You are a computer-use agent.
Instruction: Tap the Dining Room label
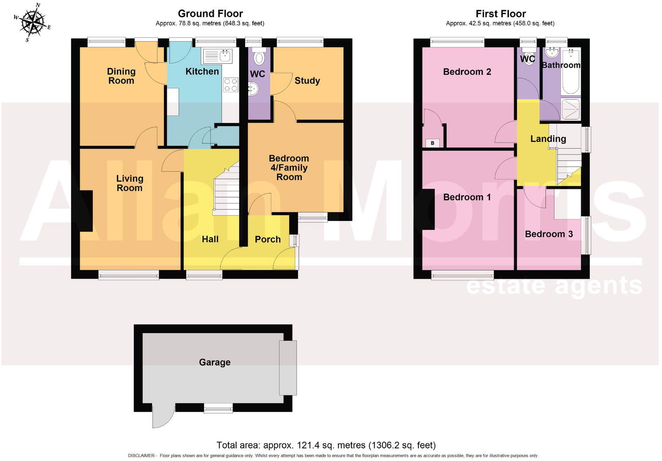pos(121,76)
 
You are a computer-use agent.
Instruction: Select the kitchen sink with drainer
pos(217,56)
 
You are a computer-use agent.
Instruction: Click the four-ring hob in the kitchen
pos(230,85)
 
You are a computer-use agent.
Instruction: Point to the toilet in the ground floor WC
pos(259,58)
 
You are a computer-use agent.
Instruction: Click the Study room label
pos(307,80)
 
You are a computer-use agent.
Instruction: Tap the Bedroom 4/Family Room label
pos(289,168)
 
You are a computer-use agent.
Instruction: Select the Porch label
pos(268,239)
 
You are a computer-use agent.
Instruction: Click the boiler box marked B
pos(432,143)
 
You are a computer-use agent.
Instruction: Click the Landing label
pos(548,139)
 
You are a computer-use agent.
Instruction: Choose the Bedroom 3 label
pos(549,234)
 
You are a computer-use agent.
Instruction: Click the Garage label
pos(214,362)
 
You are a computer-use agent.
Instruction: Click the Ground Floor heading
pos(210,13)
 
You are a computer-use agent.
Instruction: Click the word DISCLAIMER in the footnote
pos(142,456)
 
